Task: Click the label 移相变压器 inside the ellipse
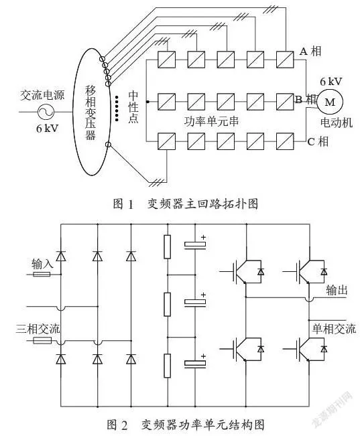[x=91, y=113]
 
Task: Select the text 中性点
[x=133, y=107]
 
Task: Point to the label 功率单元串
[x=211, y=121]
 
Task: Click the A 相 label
[x=310, y=51]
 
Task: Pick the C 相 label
[x=318, y=141]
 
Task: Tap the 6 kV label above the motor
[x=331, y=82]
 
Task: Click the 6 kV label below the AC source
[x=47, y=128]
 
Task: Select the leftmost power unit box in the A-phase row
[x=166, y=60]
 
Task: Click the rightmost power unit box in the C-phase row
[x=285, y=141]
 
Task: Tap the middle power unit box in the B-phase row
[x=225, y=102]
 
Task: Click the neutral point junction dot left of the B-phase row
[x=147, y=102]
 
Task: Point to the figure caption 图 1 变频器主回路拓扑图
[x=186, y=204]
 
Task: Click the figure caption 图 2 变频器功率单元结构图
[x=186, y=425]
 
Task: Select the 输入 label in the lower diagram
[x=42, y=264]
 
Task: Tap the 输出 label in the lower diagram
[x=337, y=290]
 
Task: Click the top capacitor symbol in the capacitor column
[x=195, y=244]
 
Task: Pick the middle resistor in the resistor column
[x=167, y=304]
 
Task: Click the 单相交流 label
[x=334, y=329]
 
